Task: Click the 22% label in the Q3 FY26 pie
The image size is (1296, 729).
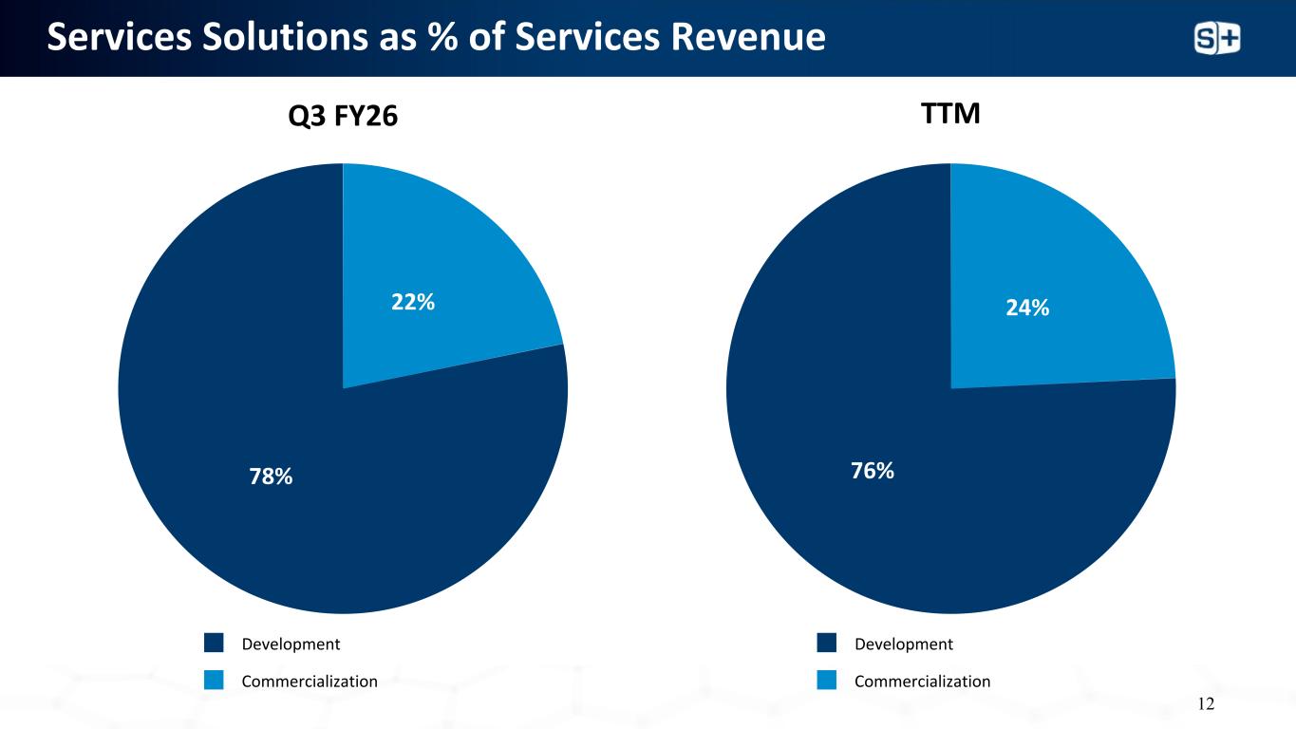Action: (412, 302)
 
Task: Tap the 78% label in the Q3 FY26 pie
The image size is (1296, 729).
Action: (271, 477)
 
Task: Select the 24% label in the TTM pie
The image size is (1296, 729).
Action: (1027, 308)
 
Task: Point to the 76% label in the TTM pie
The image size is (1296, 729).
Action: (873, 471)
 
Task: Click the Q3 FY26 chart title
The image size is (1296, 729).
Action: (343, 116)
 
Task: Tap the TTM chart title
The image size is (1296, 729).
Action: (950, 113)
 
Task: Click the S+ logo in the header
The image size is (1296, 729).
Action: (1217, 38)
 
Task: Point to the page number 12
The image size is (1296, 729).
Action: (1206, 703)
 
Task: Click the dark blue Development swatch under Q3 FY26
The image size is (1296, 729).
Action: (214, 643)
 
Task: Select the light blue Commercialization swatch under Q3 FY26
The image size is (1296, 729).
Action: (214, 680)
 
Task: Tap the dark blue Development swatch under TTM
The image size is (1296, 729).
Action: (826, 643)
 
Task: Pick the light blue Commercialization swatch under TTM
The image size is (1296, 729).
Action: (826, 680)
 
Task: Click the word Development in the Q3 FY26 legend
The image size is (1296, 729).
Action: (291, 644)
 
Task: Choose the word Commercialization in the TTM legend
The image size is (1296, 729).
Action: (922, 682)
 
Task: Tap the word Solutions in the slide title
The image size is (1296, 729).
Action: (285, 37)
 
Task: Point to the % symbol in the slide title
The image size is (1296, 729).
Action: (442, 37)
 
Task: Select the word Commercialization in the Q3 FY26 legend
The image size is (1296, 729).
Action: (310, 682)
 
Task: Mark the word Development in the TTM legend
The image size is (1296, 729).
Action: (904, 644)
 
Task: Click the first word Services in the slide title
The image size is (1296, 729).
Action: (120, 37)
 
